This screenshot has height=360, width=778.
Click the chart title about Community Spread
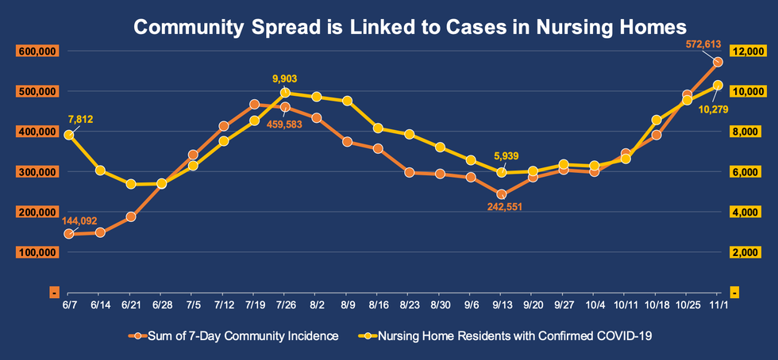[410, 27]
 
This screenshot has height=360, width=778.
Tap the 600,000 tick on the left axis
[33, 52]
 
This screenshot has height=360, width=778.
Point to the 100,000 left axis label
[33, 253]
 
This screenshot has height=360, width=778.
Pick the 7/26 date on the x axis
[286, 304]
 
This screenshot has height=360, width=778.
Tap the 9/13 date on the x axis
[502, 304]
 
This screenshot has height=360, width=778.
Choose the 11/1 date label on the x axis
[717, 304]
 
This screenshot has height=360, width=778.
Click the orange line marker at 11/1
[717, 62]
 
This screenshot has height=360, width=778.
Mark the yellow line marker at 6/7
[69, 135]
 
